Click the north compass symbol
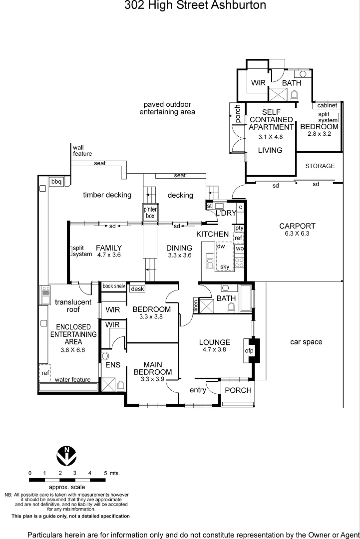pos(66,456)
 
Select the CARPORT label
pos(297,226)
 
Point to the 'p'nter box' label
pos(150,213)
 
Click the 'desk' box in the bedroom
pos(136,288)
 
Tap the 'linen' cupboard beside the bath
pos(196,305)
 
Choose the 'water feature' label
pos(73,380)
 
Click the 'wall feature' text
pos(82,150)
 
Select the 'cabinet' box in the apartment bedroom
pos(327,105)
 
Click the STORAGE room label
pos(320,166)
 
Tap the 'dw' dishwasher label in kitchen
pos(221,246)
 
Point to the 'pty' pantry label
pos(239,228)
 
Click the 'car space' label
pos(306,342)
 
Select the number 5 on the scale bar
pos(105,473)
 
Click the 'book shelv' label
pos(114,286)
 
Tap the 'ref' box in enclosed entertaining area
pos(45,372)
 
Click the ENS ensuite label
pos(113,365)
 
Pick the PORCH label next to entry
pos(238,390)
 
